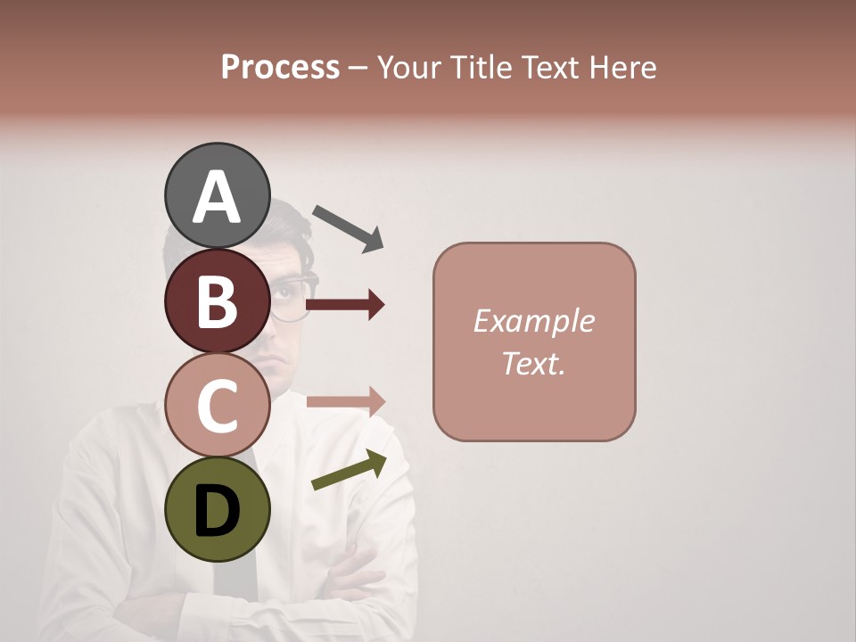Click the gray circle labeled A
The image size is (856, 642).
(x=218, y=196)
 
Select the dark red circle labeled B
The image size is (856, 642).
(x=218, y=301)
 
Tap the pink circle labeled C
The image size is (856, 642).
(x=218, y=406)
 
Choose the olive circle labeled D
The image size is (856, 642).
(x=218, y=510)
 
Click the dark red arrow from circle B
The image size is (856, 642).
(x=345, y=305)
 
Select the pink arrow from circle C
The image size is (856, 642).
(x=346, y=402)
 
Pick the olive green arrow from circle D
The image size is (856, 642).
(x=349, y=471)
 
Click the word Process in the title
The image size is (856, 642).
(x=280, y=68)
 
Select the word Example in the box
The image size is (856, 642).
(x=534, y=321)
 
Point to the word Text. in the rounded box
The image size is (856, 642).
(x=534, y=364)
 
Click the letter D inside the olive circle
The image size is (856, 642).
(x=218, y=511)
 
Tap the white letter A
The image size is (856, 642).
(x=218, y=196)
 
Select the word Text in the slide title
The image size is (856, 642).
(x=549, y=68)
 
